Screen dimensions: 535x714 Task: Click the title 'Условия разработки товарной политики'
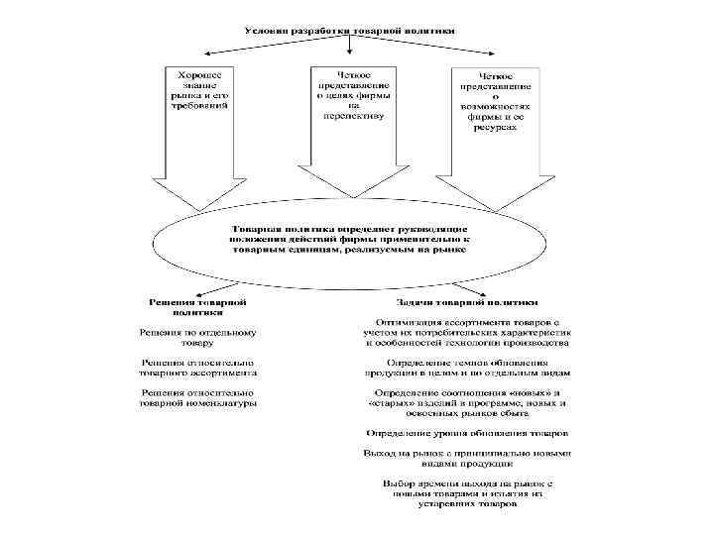(x=352, y=30)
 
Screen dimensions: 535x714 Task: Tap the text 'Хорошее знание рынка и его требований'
(x=200, y=88)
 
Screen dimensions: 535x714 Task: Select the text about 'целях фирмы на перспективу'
(x=354, y=93)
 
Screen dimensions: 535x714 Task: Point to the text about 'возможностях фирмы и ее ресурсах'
(x=496, y=102)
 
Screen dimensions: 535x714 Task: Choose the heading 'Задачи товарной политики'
(x=468, y=301)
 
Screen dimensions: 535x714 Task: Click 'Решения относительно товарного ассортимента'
(x=198, y=369)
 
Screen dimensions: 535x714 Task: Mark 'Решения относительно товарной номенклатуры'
(x=198, y=398)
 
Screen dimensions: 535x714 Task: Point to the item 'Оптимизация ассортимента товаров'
(x=468, y=334)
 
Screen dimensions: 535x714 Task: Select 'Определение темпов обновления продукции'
(x=468, y=369)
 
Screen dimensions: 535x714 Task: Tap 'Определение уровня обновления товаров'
(x=468, y=433)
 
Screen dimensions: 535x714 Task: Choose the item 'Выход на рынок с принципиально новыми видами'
(x=468, y=458)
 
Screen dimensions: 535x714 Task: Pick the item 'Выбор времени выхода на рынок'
(x=468, y=492)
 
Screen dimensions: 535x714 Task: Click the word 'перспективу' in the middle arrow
(x=354, y=115)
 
